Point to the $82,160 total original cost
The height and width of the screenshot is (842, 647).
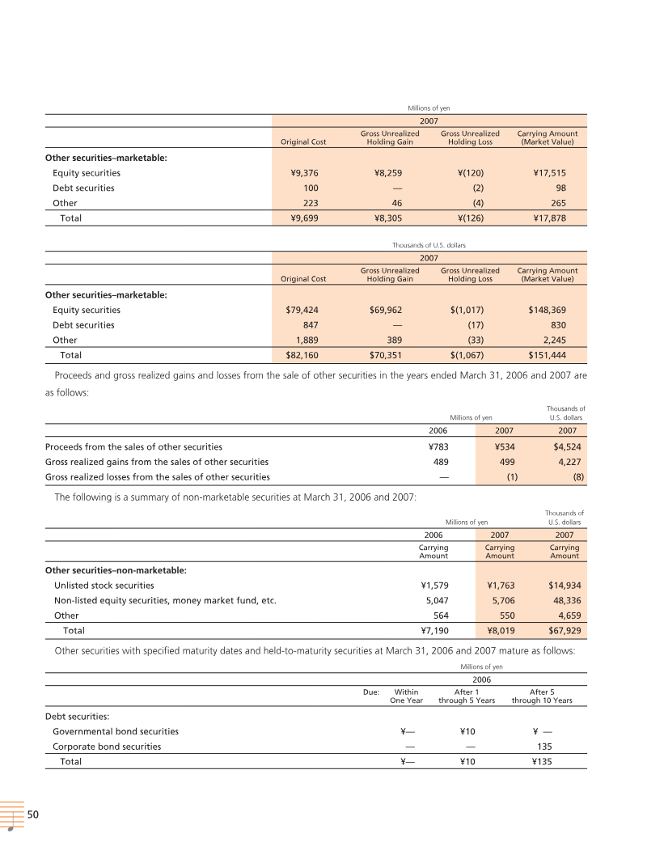306,355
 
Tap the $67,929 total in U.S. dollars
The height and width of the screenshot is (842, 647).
563,630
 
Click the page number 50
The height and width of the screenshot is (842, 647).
33,814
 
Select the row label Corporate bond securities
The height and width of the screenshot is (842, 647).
107,747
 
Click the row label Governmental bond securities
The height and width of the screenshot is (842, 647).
116,731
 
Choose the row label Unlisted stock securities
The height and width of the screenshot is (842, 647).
104,585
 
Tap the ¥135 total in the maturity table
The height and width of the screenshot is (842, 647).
542,762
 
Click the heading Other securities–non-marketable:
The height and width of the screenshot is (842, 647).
116,570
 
